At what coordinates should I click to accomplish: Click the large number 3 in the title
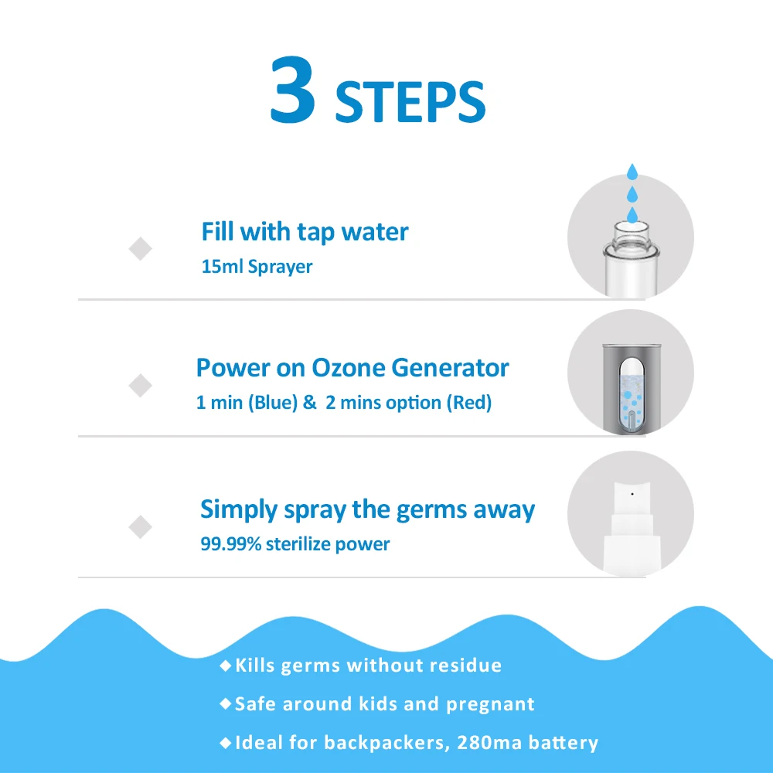coord(293,90)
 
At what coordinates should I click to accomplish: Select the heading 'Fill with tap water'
coord(305,231)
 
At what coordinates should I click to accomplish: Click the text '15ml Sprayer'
coord(257,267)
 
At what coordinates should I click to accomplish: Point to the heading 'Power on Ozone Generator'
coord(352,367)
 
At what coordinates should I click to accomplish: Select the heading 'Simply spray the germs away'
coord(367,509)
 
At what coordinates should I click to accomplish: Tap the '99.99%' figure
coord(230,543)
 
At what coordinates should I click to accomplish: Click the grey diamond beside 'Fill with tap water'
coord(140,249)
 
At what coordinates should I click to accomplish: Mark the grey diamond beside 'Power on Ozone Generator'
coord(140,385)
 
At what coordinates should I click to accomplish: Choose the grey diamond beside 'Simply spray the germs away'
coord(140,527)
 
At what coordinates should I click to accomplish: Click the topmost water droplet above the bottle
coord(632,170)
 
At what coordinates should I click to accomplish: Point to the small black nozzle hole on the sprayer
coord(632,492)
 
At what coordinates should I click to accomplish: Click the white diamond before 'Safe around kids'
coord(226,704)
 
